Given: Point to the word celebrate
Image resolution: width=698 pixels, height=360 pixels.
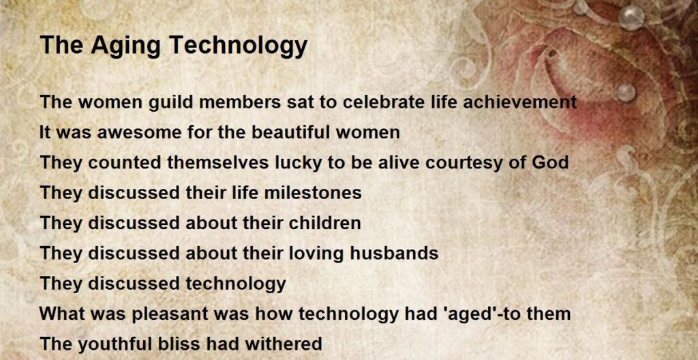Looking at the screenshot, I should tap(382, 102).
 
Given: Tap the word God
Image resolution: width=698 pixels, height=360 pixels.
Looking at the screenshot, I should tap(550, 163).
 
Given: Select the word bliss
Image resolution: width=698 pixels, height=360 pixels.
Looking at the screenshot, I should tap(184, 344).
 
